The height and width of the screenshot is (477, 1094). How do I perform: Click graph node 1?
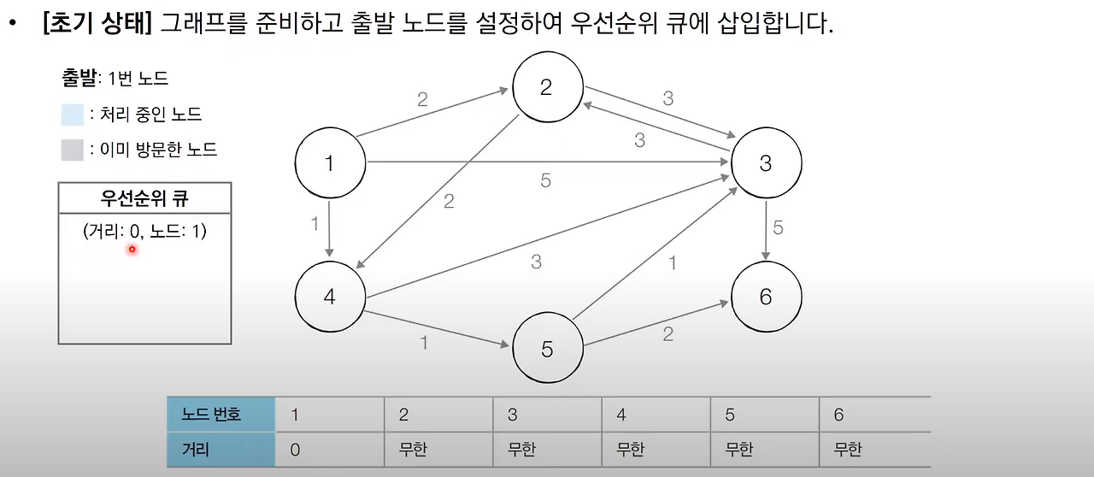pyautogui.click(x=330, y=162)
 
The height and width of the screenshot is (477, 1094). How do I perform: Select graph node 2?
pyautogui.click(x=547, y=86)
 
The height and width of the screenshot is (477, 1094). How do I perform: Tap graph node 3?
pyautogui.click(x=765, y=162)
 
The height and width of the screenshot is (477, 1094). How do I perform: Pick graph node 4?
pyautogui.click(x=330, y=296)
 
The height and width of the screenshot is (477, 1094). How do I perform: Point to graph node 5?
pyautogui.click(x=547, y=350)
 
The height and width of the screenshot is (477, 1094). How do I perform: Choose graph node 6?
pyautogui.click(x=765, y=296)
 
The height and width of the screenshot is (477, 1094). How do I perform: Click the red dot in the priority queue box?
pyautogui.click(x=132, y=249)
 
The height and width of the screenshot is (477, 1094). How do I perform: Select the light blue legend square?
pyautogui.click(x=73, y=115)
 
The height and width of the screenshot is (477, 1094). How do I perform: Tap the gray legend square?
pyautogui.click(x=73, y=150)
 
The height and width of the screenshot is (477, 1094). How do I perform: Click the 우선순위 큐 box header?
pyautogui.click(x=144, y=199)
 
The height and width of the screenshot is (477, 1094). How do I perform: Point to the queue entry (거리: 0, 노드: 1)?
pyautogui.click(x=144, y=231)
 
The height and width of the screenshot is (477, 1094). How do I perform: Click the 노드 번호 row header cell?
pyautogui.click(x=221, y=415)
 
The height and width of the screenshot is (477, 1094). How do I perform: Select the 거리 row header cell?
pyautogui.click(x=221, y=450)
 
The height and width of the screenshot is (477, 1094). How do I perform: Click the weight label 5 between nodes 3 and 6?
pyautogui.click(x=778, y=227)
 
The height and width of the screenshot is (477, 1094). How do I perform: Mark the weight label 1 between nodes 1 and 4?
pyautogui.click(x=315, y=224)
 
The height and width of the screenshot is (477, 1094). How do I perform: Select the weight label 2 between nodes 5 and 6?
pyautogui.click(x=668, y=334)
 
